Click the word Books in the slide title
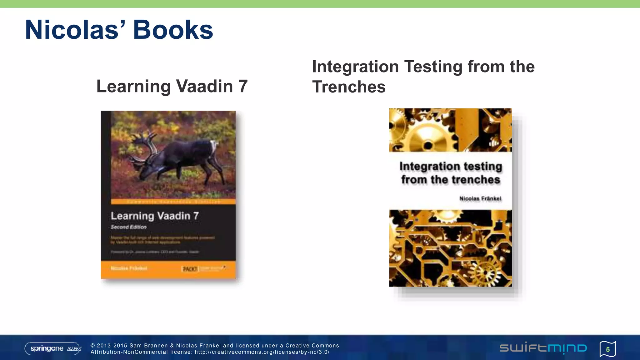coord(173,30)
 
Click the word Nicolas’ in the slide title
coord(75,30)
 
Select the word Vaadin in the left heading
coord(204,86)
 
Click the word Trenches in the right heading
coord(349,87)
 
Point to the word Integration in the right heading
coord(355,67)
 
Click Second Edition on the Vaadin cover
coord(128,227)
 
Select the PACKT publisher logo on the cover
coord(190,269)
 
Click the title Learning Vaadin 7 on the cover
coord(155,216)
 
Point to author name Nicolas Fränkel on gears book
coord(480,199)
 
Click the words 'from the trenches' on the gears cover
coord(451,180)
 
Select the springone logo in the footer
coord(53,348)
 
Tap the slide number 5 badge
coord(608,349)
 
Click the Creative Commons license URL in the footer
coord(262,352)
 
